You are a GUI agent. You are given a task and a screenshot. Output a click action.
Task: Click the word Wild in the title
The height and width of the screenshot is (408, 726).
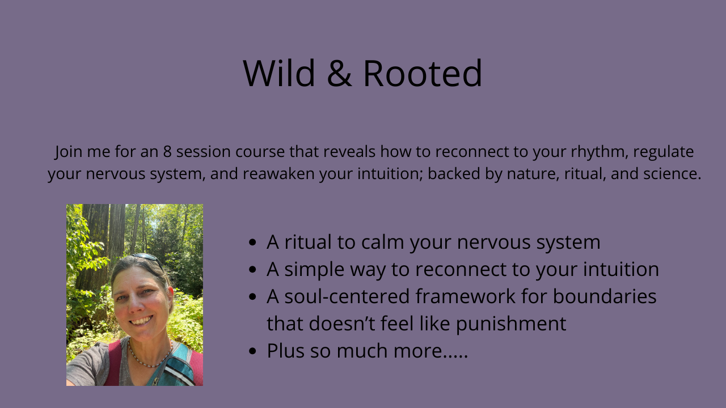[x=278, y=73]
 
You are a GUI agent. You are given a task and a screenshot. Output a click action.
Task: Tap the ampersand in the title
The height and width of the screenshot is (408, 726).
[x=339, y=73]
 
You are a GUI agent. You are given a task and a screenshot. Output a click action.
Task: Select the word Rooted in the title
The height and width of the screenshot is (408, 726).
[x=423, y=73]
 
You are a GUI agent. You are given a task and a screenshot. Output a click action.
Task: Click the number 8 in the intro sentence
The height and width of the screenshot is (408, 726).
[x=167, y=151]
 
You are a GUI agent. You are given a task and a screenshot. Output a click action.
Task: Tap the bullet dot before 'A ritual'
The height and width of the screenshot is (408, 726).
[x=252, y=242]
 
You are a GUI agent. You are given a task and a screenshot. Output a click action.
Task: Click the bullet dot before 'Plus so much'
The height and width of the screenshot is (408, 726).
[x=252, y=351]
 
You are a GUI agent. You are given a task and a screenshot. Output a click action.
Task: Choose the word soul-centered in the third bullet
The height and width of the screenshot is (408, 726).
[x=347, y=296]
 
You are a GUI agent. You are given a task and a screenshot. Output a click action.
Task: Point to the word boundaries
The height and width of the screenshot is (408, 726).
[x=605, y=296]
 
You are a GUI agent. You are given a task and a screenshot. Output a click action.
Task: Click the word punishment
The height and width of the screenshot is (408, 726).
[x=511, y=324]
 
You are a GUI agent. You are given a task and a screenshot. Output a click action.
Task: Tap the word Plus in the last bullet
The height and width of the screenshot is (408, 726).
[x=285, y=351]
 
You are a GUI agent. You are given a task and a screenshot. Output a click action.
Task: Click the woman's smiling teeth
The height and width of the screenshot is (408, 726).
[x=141, y=321]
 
